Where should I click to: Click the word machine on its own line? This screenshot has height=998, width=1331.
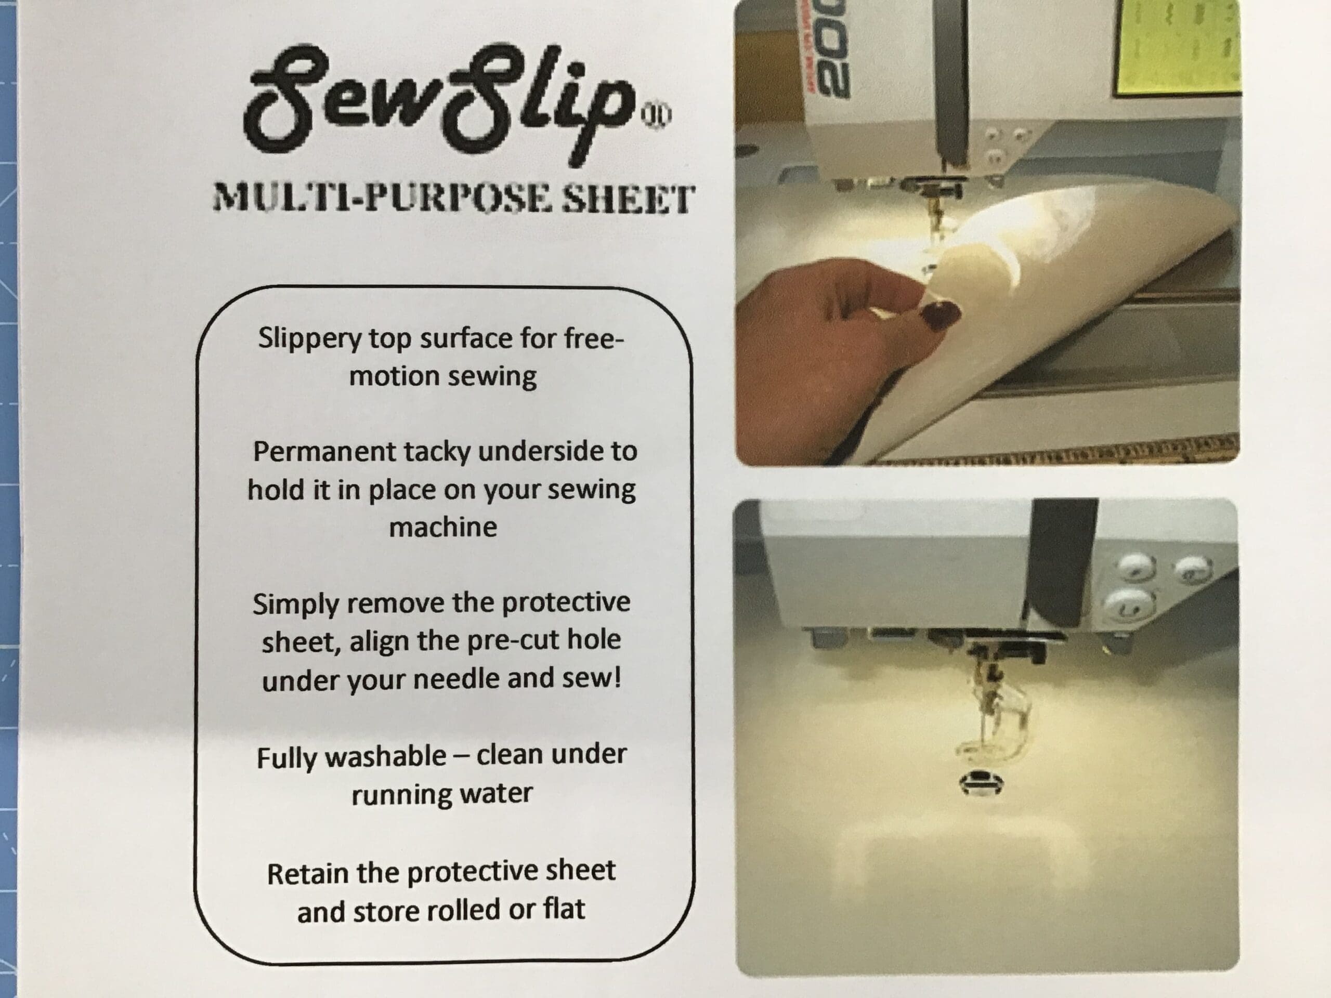443,528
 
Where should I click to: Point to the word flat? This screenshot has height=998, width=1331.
564,909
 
